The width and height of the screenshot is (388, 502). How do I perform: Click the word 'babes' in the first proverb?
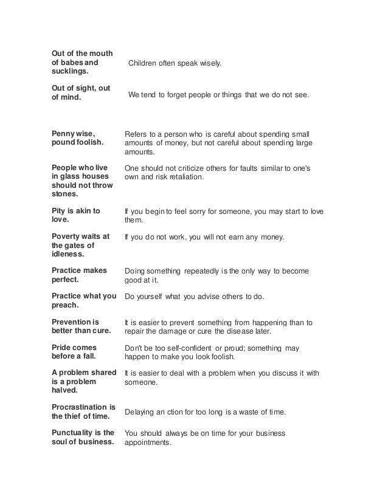[x=72, y=62]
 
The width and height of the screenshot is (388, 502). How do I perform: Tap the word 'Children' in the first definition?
[x=144, y=63]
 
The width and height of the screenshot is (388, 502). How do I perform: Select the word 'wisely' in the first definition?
[x=211, y=63]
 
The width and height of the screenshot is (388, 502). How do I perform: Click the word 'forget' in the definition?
[x=176, y=96]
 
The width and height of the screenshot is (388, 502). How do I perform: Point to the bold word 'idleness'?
[x=70, y=255]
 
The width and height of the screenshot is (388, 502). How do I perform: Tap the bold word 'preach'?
[x=66, y=306]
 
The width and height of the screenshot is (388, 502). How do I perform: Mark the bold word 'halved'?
[x=65, y=391]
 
